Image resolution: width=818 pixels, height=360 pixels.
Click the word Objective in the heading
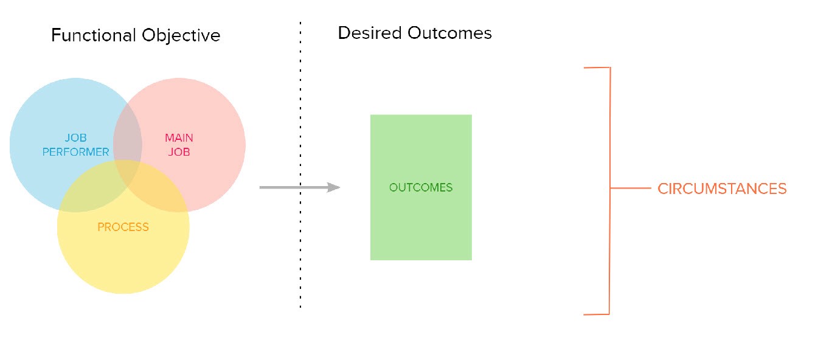pos(181,35)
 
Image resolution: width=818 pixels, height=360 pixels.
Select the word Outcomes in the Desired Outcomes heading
pos(449,33)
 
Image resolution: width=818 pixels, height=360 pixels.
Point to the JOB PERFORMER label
pos(75,145)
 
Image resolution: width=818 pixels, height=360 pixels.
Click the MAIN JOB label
pos(179,145)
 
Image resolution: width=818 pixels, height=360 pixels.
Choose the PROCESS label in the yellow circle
pos(123,227)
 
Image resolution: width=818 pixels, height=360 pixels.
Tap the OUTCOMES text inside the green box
pos(421,187)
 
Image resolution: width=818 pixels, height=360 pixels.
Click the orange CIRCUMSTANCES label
pos(722,189)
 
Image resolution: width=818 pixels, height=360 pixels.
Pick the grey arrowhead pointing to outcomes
pos(333,187)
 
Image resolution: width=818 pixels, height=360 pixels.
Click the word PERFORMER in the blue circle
pos(75,152)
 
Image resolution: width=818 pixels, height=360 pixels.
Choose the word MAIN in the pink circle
pos(179,138)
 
